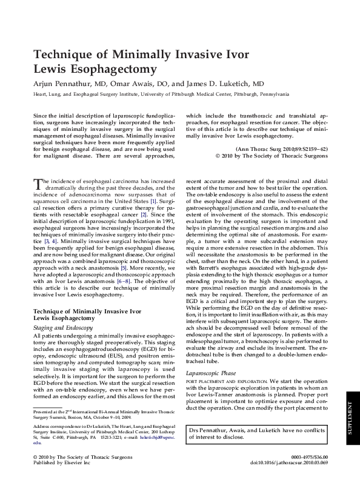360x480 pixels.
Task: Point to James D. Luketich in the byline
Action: pos(219,84)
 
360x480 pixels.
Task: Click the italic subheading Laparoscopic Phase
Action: pos(211,356)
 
